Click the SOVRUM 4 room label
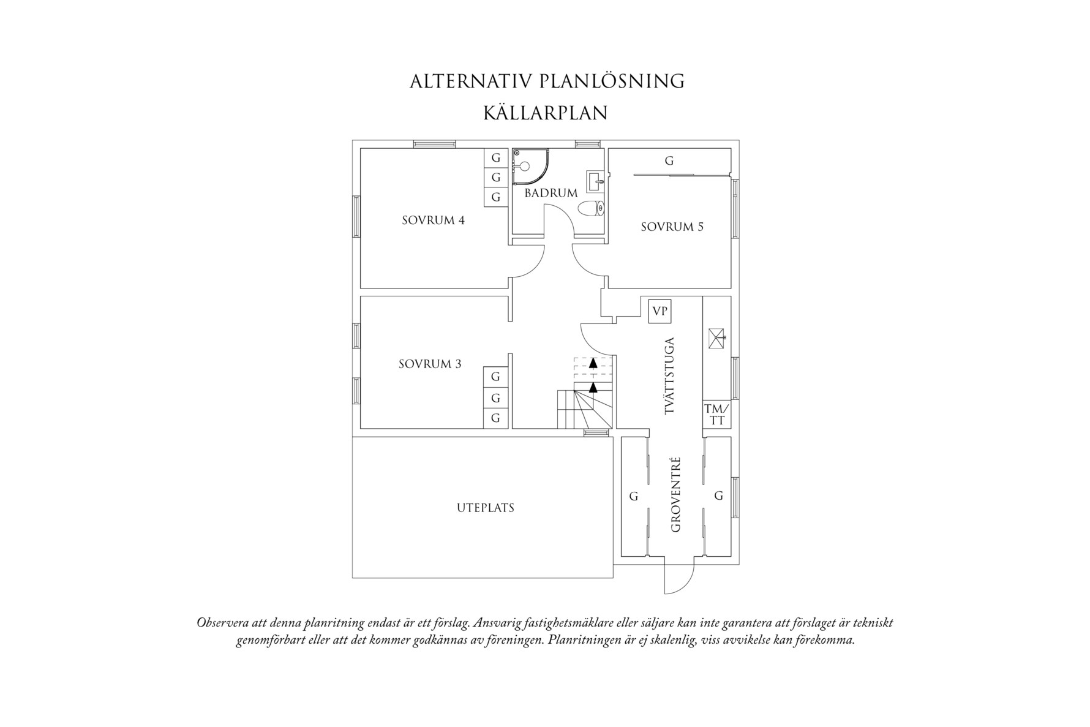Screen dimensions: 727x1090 click(x=433, y=220)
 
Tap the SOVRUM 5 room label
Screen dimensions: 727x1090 click(x=672, y=227)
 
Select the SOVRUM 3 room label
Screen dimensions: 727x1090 click(x=430, y=364)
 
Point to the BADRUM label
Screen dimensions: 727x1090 click(x=551, y=193)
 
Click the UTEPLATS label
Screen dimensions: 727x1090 click(x=485, y=508)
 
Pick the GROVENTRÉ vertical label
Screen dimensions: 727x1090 click(x=676, y=494)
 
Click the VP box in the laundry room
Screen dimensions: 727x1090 click(x=660, y=311)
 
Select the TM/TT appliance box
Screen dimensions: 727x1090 click(x=716, y=415)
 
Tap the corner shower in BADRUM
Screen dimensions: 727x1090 click(x=527, y=166)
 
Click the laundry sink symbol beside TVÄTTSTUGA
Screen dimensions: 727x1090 click(x=716, y=337)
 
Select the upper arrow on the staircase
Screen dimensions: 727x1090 click(x=593, y=363)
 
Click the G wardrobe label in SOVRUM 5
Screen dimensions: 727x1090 click(x=669, y=161)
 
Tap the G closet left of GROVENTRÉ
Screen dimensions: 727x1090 click(x=634, y=496)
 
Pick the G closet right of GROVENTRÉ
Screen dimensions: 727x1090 click(x=719, y=495)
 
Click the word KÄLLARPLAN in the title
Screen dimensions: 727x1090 click(x=545, y=113)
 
